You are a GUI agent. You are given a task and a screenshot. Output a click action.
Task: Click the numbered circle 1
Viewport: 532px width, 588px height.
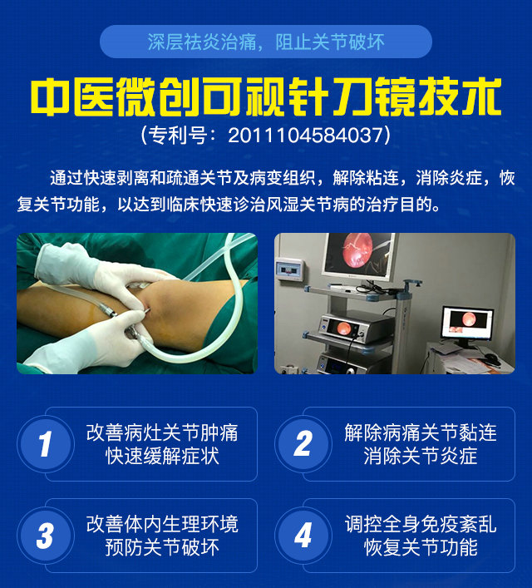(46, 444)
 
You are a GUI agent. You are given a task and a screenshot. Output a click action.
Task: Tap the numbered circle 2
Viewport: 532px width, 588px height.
(303, 444)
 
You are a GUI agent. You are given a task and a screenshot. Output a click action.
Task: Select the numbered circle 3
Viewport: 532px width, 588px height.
(46, 535)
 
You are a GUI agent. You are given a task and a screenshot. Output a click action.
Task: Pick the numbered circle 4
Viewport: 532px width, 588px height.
(303, 535)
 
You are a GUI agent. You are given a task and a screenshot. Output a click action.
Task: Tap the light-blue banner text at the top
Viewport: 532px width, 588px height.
(266, 42)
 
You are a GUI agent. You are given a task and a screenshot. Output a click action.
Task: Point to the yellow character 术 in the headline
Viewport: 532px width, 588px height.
(482, 97)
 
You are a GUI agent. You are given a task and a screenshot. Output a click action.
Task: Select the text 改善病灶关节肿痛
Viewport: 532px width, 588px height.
(162, 432)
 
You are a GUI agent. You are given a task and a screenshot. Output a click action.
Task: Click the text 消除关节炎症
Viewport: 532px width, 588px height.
(421, 457)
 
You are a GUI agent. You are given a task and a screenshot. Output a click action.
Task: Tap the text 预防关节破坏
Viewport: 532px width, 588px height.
(162, 547)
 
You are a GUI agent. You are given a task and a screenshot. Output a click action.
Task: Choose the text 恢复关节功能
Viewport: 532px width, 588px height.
(421, 547)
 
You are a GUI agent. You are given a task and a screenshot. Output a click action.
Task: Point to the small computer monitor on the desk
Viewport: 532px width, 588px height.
(467, 324)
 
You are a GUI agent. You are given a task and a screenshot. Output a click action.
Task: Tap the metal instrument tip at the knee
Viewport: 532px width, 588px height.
(147, 310)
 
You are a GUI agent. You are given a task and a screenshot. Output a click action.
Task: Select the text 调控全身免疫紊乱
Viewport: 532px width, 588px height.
(421, 524)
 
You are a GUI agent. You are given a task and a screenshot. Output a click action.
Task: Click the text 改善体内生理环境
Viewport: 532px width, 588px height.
(162, 524)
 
